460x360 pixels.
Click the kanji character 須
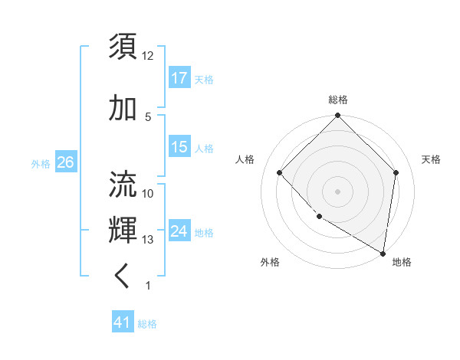pos(123,46)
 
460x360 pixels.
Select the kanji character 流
pos(123,184)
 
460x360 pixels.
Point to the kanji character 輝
pos(123,230)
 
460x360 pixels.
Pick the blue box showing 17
pos(179,78)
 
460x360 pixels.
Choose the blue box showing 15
pos(179,147)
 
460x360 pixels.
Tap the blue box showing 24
pos(179,231)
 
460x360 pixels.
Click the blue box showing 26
pos(66,162)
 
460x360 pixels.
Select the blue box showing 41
pos(123,323)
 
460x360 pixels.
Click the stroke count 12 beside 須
pos(148,56)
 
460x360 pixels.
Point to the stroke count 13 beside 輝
pos(148,240)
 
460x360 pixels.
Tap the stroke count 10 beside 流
pos(148,194)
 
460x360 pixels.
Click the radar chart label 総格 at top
pos(338,100)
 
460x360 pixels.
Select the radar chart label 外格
pos(270,262)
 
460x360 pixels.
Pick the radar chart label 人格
pos(245,159)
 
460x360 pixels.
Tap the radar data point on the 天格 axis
pos(396,172)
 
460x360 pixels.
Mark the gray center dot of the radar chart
pos(337,191)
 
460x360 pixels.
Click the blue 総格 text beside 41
pos(147,324)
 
